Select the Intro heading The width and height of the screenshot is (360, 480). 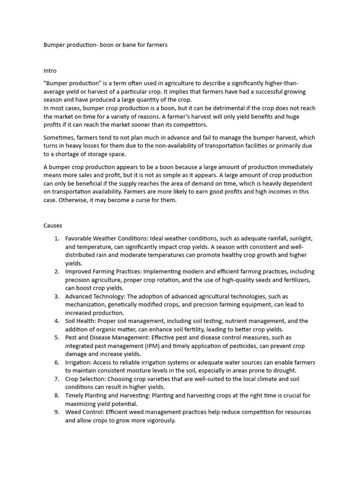[50, 71]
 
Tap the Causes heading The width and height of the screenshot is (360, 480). [52, 225]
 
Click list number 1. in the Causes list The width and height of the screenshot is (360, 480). [56, 239]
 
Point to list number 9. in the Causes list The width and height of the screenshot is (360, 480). [56, 412]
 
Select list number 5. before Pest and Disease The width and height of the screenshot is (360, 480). [56, 337]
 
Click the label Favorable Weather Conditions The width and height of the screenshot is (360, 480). [106, 239]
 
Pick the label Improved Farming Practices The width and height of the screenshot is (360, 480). [104, 271]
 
